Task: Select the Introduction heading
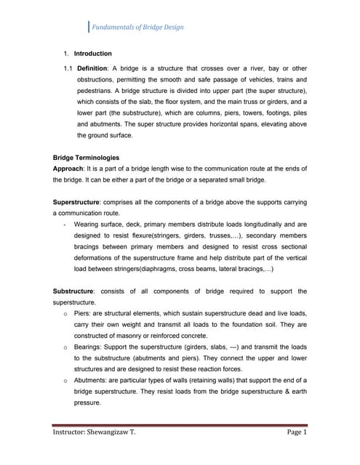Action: [x=93, y=54]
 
